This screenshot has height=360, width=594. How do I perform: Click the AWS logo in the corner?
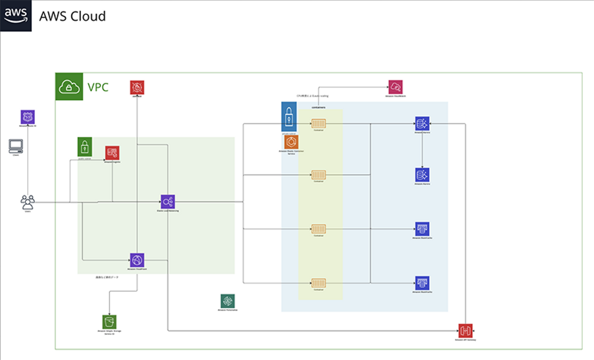[16, 15]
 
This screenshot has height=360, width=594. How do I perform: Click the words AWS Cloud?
[73, 16]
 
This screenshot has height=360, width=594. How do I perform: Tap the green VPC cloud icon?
[69, 87]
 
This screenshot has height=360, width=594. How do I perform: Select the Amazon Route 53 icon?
[28, 117]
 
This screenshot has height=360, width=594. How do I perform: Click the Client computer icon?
[16, 146]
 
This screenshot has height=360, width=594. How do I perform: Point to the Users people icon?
[28, 202]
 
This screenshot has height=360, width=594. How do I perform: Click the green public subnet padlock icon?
[85, 147]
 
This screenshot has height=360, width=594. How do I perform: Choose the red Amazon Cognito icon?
[112, 153]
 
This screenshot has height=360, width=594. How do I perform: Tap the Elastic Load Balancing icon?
[168, 202]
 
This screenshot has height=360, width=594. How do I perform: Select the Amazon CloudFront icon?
[137, 260]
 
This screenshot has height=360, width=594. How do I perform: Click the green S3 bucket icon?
[109, 322]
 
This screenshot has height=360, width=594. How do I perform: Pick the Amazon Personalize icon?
[228, 301]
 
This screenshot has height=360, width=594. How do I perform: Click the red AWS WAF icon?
[137, 87]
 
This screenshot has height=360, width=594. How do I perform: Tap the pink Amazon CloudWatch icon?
[395, 87]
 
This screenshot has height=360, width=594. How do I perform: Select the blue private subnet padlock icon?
[289, 117]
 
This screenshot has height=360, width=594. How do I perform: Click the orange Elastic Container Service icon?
[291, 142]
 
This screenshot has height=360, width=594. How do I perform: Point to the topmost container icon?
[318, 123]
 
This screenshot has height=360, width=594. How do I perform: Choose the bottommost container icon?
[318, 283]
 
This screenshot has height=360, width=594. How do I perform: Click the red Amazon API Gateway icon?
[465, 331]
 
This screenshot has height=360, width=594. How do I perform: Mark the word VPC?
[98, 87]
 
